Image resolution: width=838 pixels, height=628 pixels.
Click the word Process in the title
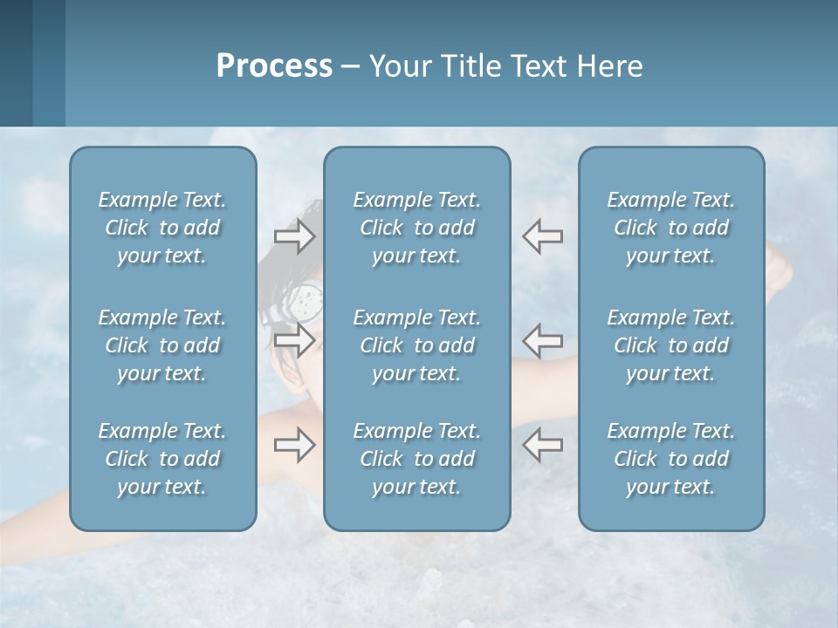(274, 66)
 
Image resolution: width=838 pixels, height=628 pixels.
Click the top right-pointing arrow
(294, 236)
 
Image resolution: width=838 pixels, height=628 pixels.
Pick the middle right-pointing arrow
(294, 339)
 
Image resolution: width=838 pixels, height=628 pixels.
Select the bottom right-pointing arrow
(294, 446)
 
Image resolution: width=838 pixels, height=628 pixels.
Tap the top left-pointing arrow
(542, 236)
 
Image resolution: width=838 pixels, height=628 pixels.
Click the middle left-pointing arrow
(542, 339)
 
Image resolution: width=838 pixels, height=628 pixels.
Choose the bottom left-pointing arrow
(542, 446)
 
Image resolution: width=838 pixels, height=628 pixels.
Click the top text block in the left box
(162, 228)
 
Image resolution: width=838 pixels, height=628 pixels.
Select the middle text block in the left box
(162, 345)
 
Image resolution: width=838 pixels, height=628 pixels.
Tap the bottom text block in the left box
(162, 459)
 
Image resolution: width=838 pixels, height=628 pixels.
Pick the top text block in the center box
(416, 228)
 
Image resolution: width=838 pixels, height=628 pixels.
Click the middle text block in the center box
(416, 345)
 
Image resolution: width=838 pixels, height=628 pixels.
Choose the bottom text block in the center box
(416, 459)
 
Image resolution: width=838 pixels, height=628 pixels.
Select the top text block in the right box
(670, 228)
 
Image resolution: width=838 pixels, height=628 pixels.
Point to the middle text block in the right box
(670, 345)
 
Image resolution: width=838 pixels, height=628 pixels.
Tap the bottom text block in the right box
(670, 459)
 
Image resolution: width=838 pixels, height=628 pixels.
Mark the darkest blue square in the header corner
(16, 63)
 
